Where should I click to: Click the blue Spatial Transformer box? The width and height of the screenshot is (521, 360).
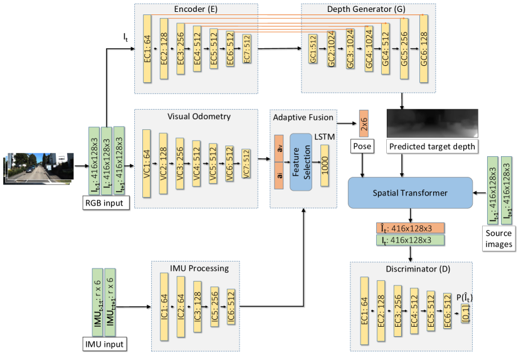(410, 193)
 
